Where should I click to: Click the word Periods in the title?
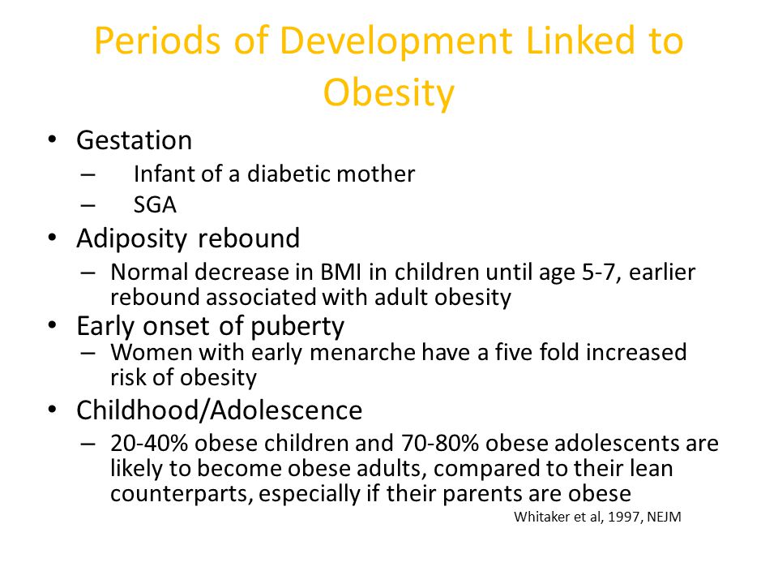pos(157,41)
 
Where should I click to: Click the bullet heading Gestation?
pos(134,140)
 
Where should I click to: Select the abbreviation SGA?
pos(155,204)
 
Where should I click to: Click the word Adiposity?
pos(132,239)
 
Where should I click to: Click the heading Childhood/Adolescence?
pos(220,410)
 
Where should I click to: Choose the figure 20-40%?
pos(149,443)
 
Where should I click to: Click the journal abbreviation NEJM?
pos(664,517)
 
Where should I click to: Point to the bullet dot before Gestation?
pos(52,139)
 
